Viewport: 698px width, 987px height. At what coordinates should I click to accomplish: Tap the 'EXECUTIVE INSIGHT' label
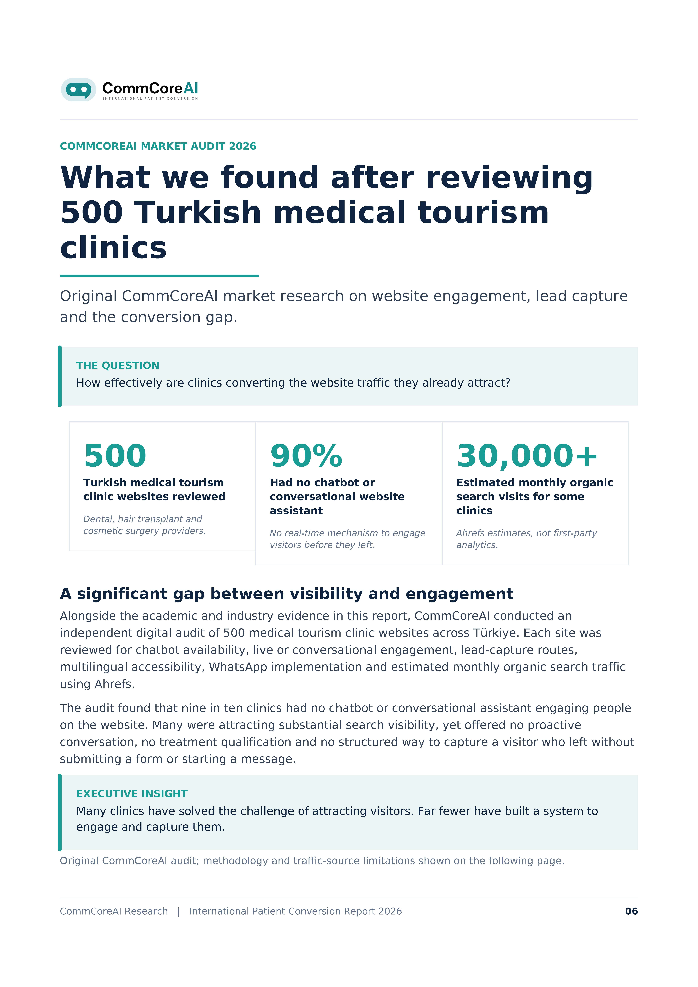(132, 794)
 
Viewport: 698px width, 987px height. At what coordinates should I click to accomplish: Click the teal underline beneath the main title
(160, 276)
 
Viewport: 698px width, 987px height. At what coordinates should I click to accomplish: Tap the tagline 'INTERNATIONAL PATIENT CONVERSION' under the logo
(151, 98)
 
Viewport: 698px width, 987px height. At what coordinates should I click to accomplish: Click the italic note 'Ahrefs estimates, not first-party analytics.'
(526, 539)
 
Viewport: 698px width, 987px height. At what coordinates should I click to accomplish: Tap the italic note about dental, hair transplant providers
(145, 525)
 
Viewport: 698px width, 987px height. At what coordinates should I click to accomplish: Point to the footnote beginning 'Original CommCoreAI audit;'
(312, 861)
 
